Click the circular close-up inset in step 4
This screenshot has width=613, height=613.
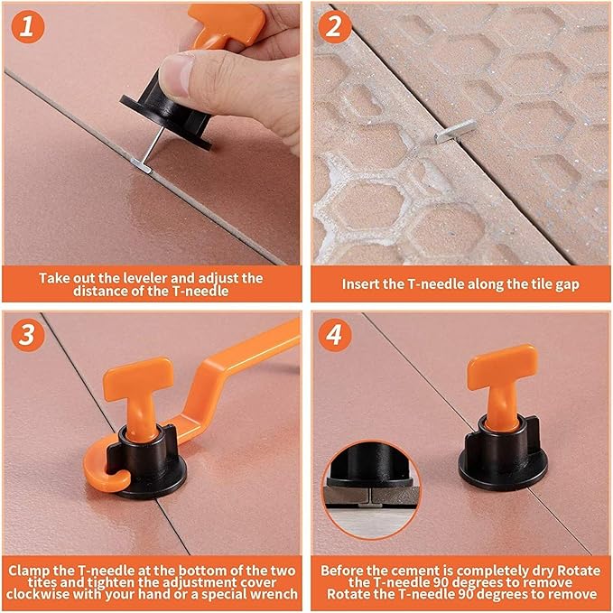pyautogui.click(x=366, y=488)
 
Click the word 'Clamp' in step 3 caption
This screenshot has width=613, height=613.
pyautogui.click(x=34, y=570)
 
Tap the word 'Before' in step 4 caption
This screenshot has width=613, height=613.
pyautogui.click(x=343, y=570)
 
